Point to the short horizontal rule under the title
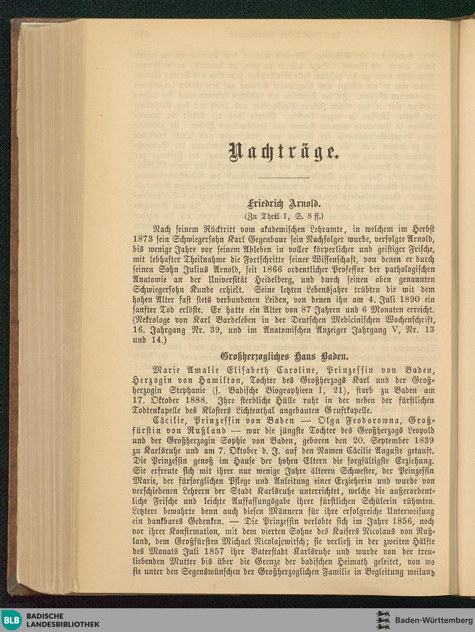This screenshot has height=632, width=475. [x=284, y=178]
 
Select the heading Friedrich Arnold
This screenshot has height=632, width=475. [x=284, y=204]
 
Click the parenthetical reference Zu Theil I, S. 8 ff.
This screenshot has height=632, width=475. [x=284, y=217]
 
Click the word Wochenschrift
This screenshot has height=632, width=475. [x=404, y=320]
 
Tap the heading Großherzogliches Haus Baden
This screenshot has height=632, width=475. [x=284, y=356]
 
